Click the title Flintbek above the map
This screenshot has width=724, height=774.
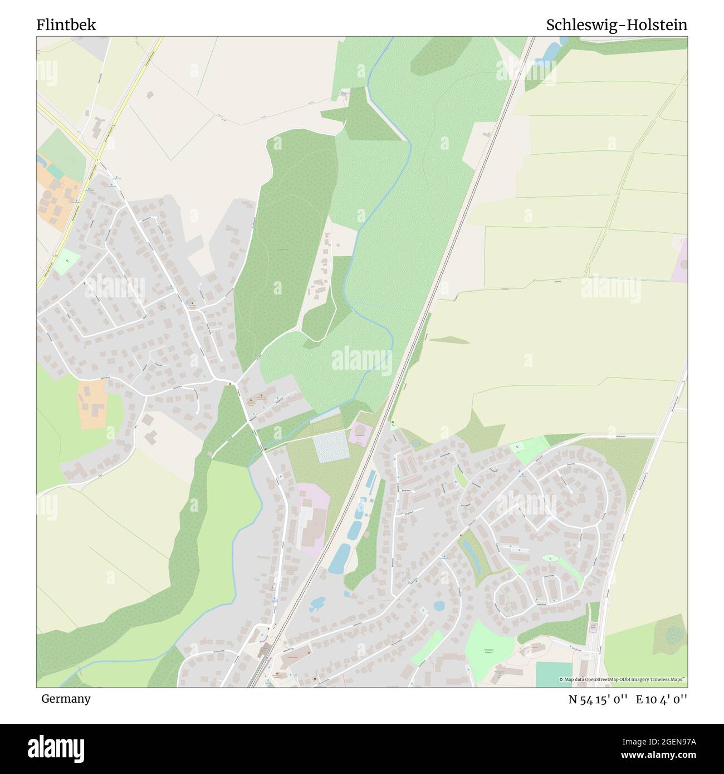[x=66, y=25]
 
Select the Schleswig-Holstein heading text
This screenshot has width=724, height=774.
[x=616, y=25]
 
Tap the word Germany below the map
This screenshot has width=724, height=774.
[x=66, y=698]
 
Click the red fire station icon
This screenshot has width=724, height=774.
[x=316, y=679]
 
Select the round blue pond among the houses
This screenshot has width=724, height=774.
[x=439, y=606]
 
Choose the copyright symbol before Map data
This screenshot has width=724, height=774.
[x=561, y=680]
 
